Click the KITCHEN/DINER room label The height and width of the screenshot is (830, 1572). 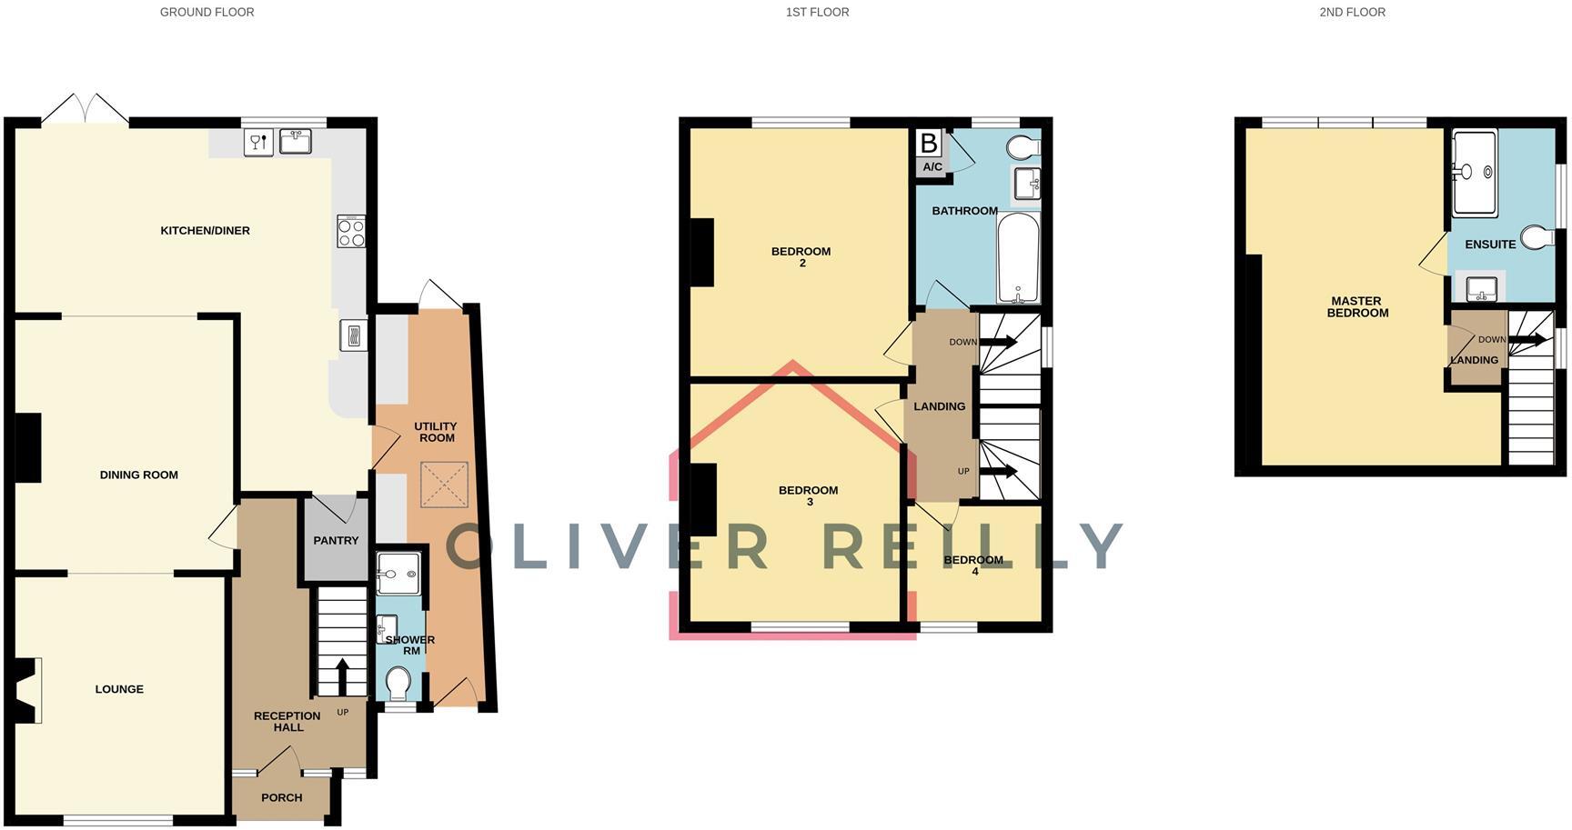coord(205,231)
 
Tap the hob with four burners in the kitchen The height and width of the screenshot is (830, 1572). coord(351,231)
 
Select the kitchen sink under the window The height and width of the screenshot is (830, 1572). coord(295,142)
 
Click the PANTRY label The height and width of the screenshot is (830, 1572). coord(336,541)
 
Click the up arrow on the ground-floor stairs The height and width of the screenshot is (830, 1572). coord(342,675)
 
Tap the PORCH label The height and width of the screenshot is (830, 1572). coord(281,798)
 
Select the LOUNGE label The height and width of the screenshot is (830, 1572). coord(119,689)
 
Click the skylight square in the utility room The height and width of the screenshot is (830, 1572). coord(444,485)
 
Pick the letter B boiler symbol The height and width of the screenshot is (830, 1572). coord(929,144)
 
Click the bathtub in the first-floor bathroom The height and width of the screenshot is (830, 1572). coord(1018,258)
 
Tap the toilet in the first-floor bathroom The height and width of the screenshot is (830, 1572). coord(1024,146)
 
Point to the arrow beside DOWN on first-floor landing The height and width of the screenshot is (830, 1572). coord(998,342)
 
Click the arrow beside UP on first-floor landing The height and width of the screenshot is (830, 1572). coord(998,471)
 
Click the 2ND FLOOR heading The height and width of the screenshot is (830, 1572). coord(1352,13)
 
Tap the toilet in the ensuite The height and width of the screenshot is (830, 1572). coord(1537,237)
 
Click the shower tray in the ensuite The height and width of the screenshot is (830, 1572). coord(1474,174)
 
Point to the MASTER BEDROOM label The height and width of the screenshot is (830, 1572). coord(1356,307)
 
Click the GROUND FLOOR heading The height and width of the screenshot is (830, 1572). coord(207,13)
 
